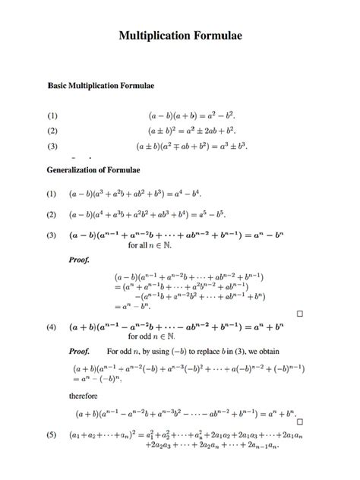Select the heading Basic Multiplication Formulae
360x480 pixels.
[x=101, y=87]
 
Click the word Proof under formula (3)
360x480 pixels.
[x=80, y=261]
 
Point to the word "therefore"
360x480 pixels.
[x=84, y=396]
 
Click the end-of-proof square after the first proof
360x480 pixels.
[x=300, y=313]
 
